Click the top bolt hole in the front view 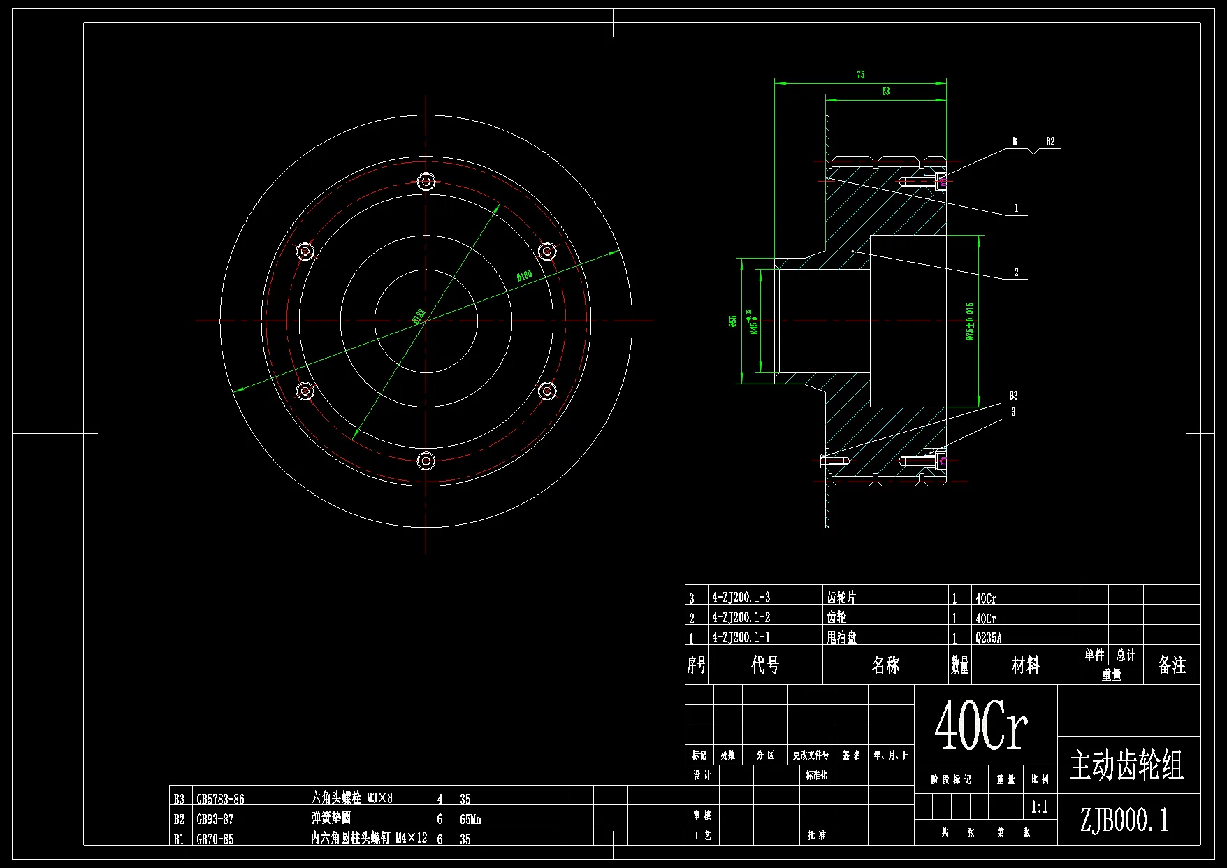pyautogui.click(x=426, y=182)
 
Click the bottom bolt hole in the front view pyautogui.click(x=426, y=461)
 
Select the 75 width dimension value pyautogui.click(x=861, y=75)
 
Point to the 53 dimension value pyautogui.click(x=885, y=92)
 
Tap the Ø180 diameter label pyautogui.click(x=524, y=275)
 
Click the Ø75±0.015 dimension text pyautogui.click(x=970, y=321)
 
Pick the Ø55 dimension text pyautogui.click(x=732, y=321)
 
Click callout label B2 pyautogui.click(x=1050, y=142)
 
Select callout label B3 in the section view pyautogui.click(x=1013, y=396)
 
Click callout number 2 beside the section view pyautogui.click(x=1017, y=273)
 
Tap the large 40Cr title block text pyautogui.click(x=981, y=725)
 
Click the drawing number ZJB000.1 pyautogui.click(x=1124, y=820)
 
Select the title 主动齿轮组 pyautogui.click(x=1126, y=765)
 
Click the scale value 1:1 pyautogui.click(x=1039, y=808)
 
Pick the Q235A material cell pyautogui.click(x=989, y=638)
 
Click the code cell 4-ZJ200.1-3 pyautogui.click(x=741, y=598)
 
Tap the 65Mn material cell pyautogui.click(x=470, y=819)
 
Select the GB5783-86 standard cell pyautogui.click(x=220, y=800)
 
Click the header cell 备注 pyautogui.click(x=1171, y=665)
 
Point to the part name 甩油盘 pyautogui.click(x=841, y=637)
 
